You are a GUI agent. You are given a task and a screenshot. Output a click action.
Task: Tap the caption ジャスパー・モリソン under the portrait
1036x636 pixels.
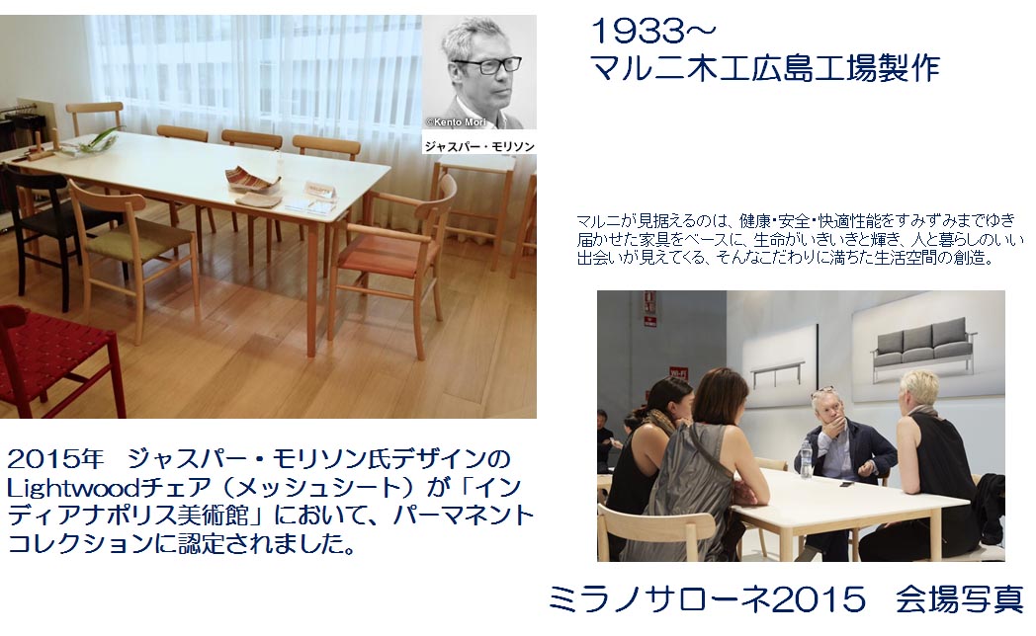pyautogui.click(x=479, y=146)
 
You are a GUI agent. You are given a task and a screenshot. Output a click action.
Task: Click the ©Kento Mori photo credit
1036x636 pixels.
pyautogui.click(x=456, y=122)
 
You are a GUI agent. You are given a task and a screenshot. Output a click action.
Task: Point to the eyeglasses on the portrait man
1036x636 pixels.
pyautogui.click(x=487, y=65)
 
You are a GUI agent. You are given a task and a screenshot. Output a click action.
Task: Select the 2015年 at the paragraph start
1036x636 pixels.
pyautogui.click(x=55, y=458)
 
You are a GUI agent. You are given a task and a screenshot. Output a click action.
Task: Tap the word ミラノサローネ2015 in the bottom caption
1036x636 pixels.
pyautogui.click(x=706, y=599)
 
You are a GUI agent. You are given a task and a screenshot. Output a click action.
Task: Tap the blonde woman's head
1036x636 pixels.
pyautogui.click(x=919, y=392)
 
